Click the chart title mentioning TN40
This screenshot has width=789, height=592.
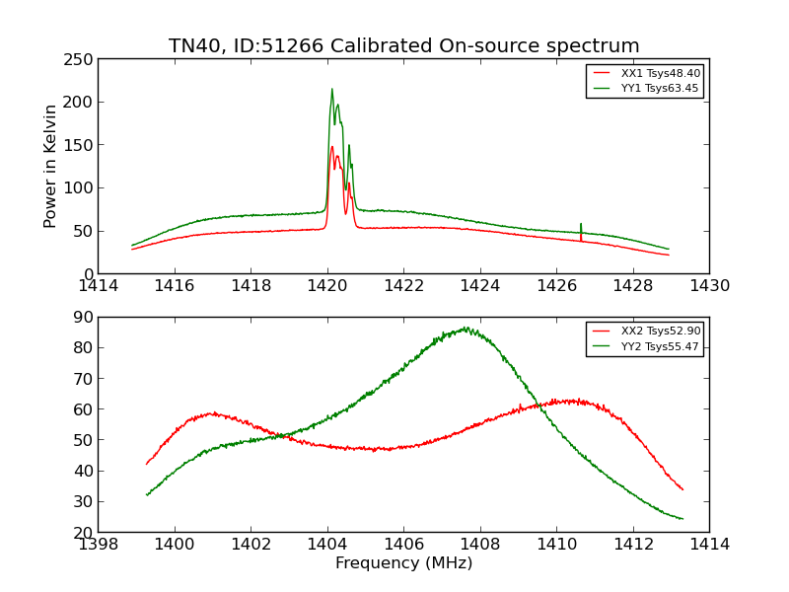pyautogui.click(x=403, y=46)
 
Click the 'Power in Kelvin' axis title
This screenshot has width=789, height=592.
pyautogui.click(x=50, y=166)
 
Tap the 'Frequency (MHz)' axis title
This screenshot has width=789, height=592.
pyautogui.click(x=403, y=563)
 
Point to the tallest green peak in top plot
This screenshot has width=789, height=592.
pyautogui.click(x=331, y=90)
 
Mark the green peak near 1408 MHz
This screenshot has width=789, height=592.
pyautogui.click(x=465, y=329)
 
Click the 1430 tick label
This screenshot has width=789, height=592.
pyautogui.click(x=709, y=286)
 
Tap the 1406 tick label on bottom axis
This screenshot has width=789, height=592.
pyautogui.click(x=403, y=545)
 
